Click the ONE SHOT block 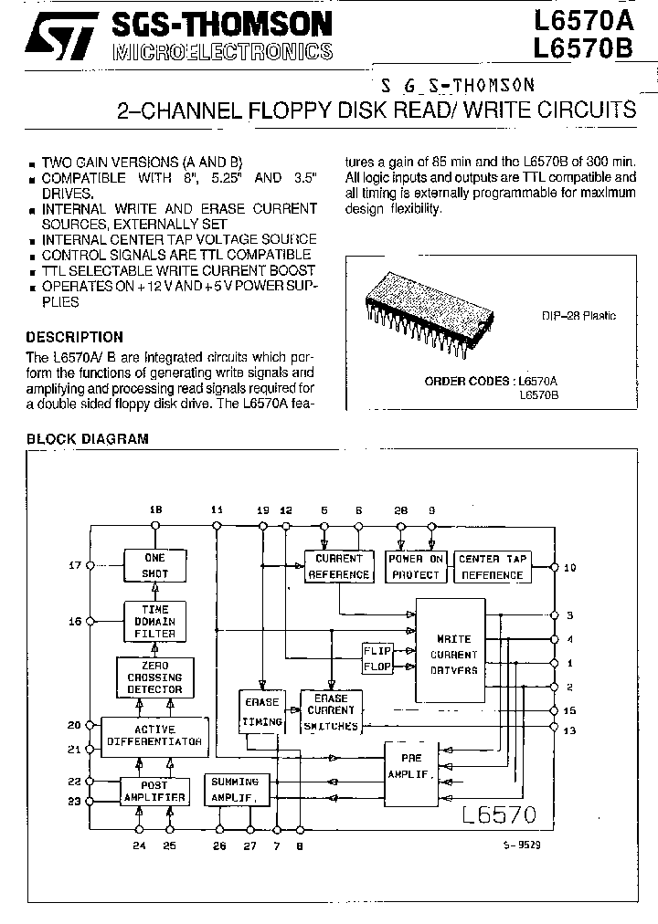[x=155, y=566]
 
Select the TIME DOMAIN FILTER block [x=155, y=621]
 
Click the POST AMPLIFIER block [x=155, y=791]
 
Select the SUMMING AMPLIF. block [x=236, y=790]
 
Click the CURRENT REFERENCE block [x=338, y=566]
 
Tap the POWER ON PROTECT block [x=416, y=566]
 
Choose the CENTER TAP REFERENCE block [x=492, y=566]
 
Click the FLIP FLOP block [x=377, y=658]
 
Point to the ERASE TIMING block [x=261, y=711]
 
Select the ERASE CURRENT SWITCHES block [x=331, y=711]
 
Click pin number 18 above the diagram [x=155, y=509]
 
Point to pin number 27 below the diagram [x=249, y=845]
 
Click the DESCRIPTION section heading [x=74, y=337]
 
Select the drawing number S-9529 [x=522, y=845]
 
